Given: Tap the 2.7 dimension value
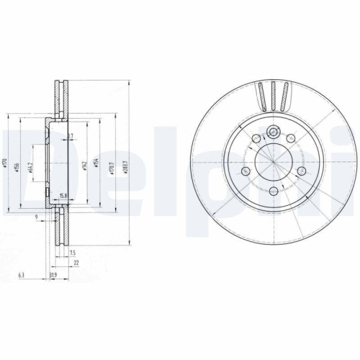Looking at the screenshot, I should tap(70, 136).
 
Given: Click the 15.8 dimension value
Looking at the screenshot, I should tap(63, 196).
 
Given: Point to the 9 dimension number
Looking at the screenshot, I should tap(35, 217).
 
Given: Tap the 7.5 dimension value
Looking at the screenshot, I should tap(73, 252).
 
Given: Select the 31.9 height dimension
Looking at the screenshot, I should tap(52, 274).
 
